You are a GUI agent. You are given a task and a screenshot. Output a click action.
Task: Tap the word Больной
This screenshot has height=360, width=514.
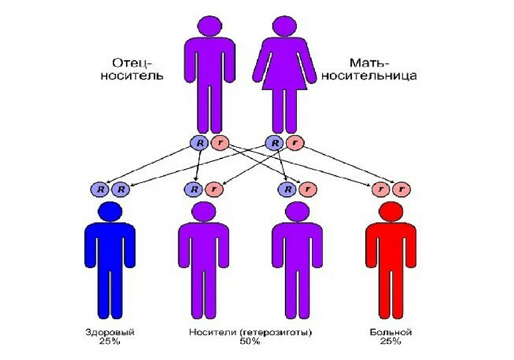pyautogui.click(x=392, y=332)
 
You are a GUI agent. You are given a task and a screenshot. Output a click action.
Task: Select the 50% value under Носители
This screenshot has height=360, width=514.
pyautogui.click(x=250, y=341)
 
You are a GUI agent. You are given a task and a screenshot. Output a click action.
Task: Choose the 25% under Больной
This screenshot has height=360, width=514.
pyautogui.click(x=392, y=341)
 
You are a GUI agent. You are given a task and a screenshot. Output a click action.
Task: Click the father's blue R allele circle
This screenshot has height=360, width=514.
pyautogui.click(x=199, y=143)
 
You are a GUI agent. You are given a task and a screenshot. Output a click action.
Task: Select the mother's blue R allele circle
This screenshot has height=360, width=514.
pyautogui.click(x=275, y=143)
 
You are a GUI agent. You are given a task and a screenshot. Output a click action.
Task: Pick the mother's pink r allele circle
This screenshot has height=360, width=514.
pyautogui.click(x=294, y=143)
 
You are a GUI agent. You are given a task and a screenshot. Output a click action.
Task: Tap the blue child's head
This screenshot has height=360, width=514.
pyautogui.click(x=110, y=211)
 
